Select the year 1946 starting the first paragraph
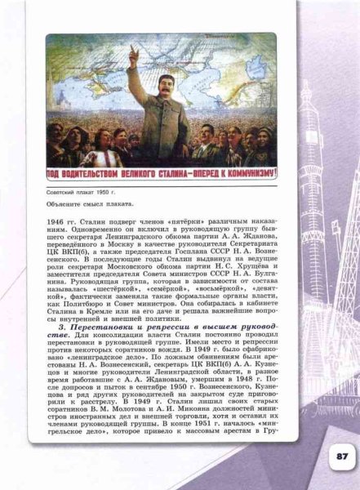tap(56, 220)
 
